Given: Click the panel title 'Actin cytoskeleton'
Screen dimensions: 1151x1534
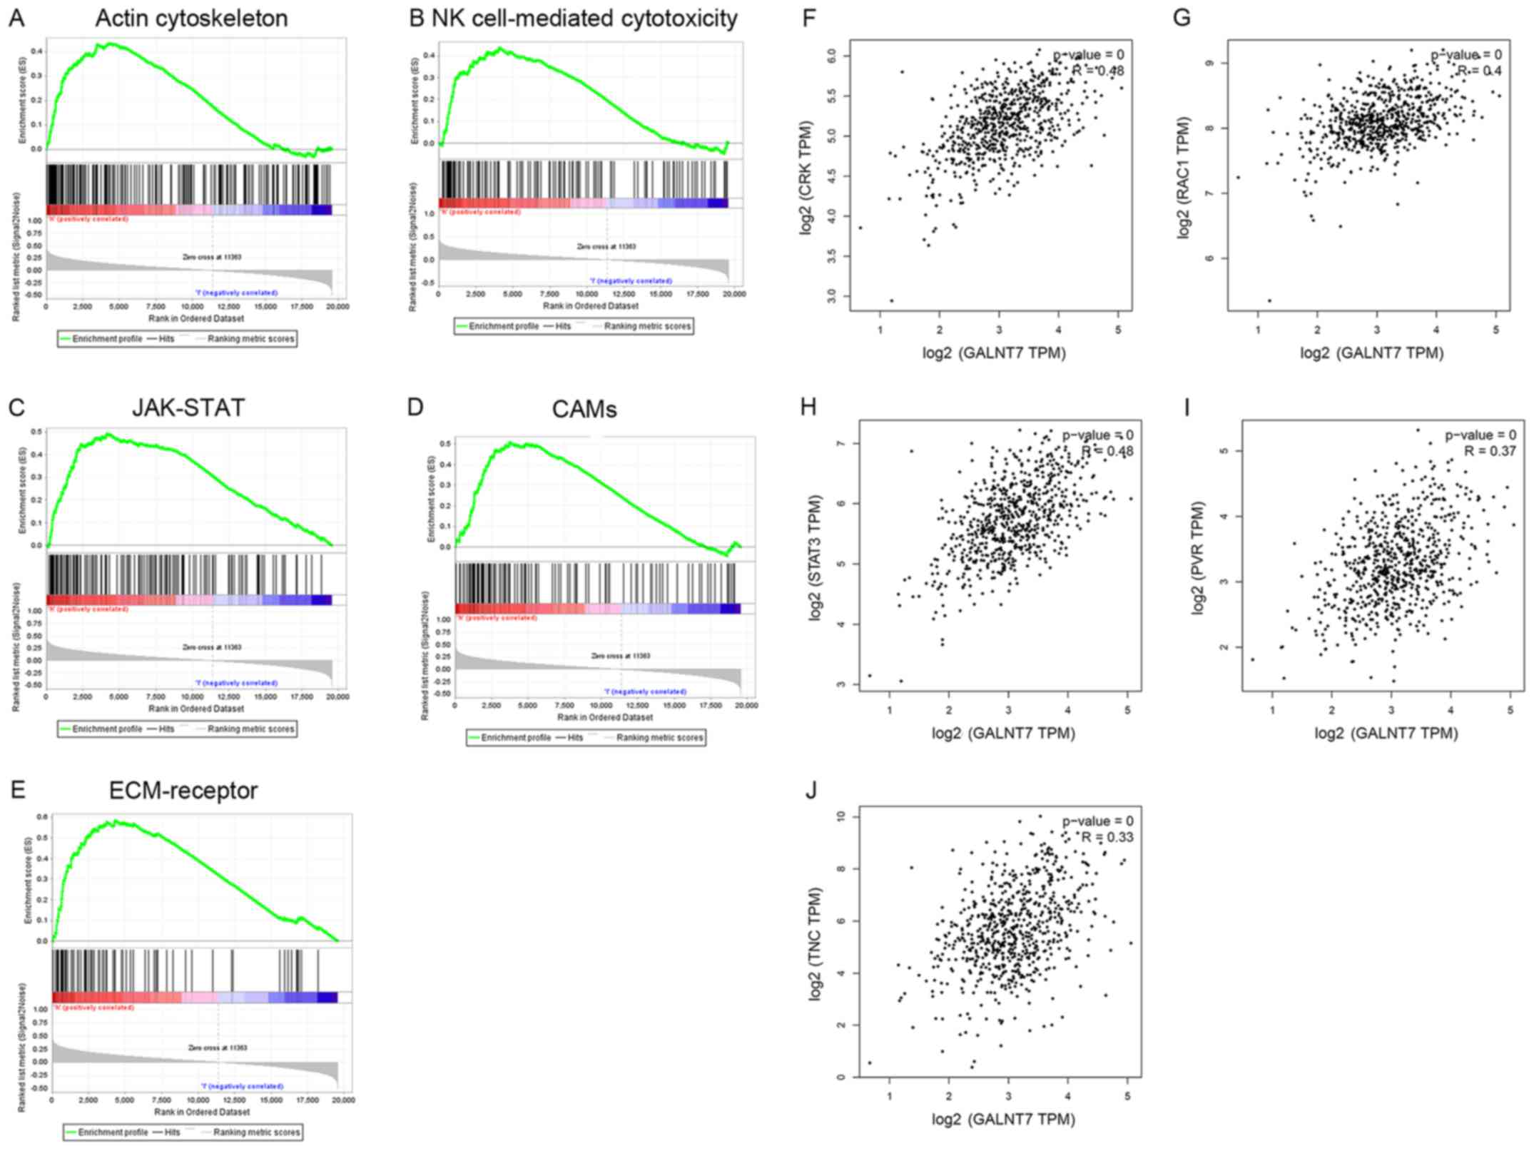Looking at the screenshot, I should (x=191, y=19).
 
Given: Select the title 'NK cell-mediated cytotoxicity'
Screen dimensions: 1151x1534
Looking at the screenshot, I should (x=584, y=19).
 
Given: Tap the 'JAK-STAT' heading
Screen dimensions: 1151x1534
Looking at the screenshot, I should (x=188, y=407).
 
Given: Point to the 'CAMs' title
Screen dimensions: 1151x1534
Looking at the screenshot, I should (x=584, y=409).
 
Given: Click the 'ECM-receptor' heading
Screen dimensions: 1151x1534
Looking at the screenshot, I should (x=183, y=791).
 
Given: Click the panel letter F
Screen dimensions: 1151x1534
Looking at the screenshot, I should (x=808, y=18).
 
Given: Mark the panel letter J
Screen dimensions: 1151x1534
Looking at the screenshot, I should (x=811, y=791).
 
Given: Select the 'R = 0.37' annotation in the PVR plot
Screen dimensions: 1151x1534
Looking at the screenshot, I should (x=1490, y=451).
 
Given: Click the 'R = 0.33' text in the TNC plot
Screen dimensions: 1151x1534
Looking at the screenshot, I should (x=1107, y=837).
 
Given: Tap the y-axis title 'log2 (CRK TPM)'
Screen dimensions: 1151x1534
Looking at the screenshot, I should (x=806, y=176).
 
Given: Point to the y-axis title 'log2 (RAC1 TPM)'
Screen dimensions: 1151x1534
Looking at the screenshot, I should (x=1184, y=177).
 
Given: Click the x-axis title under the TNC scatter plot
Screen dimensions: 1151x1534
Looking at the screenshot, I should (x=1003, y=1119).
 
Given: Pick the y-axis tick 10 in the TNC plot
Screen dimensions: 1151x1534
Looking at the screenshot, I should (x=841, y=816).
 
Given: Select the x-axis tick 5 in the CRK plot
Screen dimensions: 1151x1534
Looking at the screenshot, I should (x=1118, y=330).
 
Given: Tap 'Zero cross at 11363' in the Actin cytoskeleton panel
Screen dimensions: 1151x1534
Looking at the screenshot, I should (x=213, y=257).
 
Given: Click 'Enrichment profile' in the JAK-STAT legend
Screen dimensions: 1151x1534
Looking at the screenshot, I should (x=107, y=729).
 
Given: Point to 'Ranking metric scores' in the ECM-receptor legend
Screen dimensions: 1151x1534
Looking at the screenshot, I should (x=256, y=1132).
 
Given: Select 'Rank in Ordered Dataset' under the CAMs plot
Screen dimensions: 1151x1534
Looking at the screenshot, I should (x=604, y=717).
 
